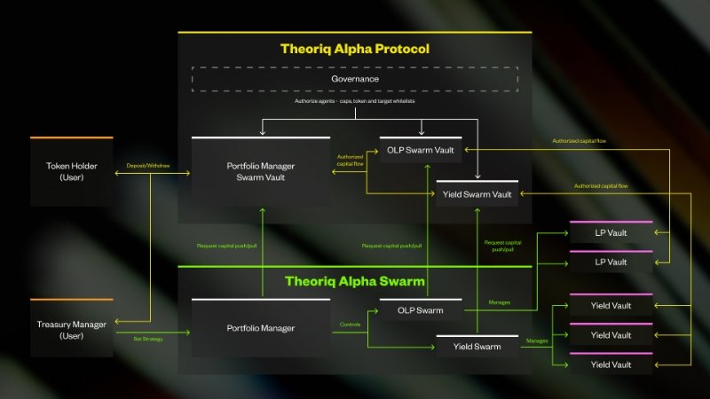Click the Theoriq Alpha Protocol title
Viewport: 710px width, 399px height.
pos(354,50)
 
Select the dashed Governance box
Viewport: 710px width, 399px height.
pos(355,79)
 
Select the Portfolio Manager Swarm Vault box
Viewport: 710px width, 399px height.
pos(261,170)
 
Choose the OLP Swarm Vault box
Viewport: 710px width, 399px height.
pos(421,150)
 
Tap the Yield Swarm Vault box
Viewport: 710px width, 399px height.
pos(477,193)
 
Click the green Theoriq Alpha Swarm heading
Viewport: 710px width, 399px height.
pos(354,282)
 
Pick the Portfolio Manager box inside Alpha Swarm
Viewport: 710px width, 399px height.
pos(261,328)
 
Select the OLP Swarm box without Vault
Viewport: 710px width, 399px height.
pos(421,311)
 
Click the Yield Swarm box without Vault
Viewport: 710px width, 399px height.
pos(477,347)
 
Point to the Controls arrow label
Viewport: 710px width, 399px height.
pos(351,325)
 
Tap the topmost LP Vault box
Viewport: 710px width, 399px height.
pos(611,232)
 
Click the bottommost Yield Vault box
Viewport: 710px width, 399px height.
pos(611,364)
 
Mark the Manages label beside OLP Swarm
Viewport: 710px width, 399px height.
pos(500,303)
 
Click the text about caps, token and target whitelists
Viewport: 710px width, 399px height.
pos(354,102)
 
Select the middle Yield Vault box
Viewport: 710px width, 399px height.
pos(611,335)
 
